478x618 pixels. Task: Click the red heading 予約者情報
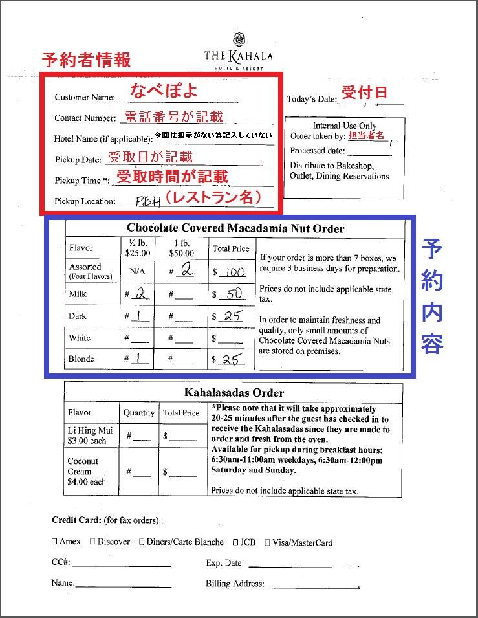coord(86,60)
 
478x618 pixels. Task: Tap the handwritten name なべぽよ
coord(164,91)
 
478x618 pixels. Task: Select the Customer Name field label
coord(84,98)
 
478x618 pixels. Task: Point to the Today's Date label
coord(312,99)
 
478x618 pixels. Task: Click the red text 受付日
coord(364,93)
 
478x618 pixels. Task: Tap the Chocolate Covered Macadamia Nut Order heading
coord(235,228)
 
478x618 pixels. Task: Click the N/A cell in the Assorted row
coord(137,272)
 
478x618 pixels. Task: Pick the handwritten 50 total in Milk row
coord(234,294)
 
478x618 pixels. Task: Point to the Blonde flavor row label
coord(81,359)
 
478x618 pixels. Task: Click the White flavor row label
coord(80,338)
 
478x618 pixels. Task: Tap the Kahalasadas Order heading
coord(234,393)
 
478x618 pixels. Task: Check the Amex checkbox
coord(54,542)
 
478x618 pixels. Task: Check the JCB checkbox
coord(236,542)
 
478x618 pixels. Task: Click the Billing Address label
coord(235,584)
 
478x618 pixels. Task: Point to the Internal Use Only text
coord(345,126)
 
